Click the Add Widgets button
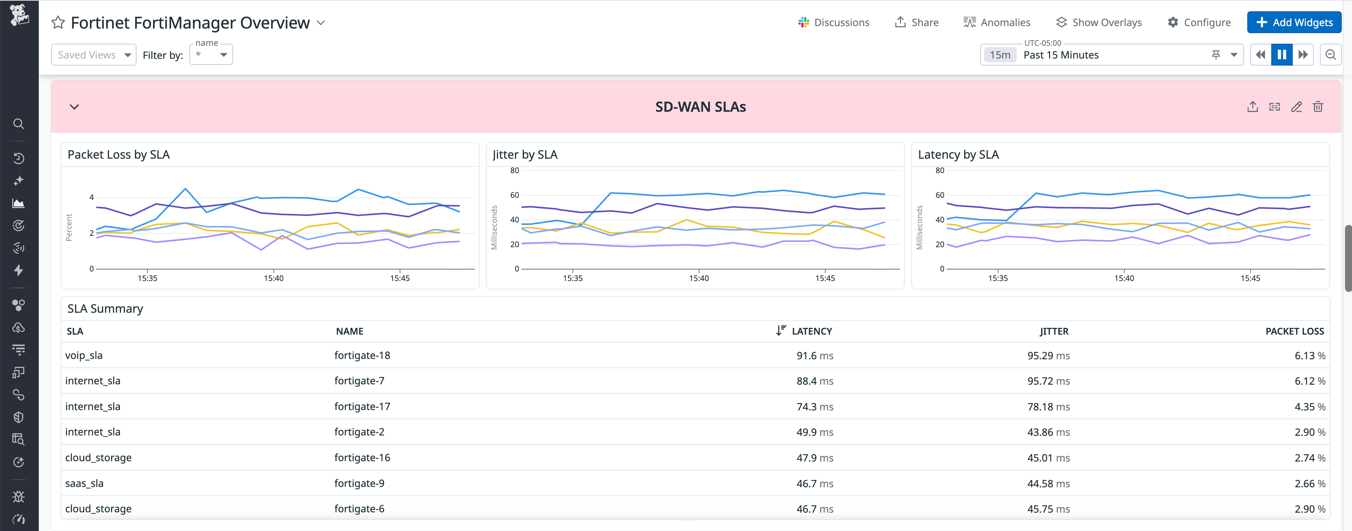[x=1294, y=23]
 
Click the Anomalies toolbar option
[x=997, y=23]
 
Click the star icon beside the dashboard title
[x=58, y=23]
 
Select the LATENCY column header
[x=811, y=331]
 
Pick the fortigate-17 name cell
[x=362, y=407]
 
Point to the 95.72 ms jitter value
[x=1048, y=381]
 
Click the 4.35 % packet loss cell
[x=1309, y=407]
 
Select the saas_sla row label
[x=84, y=483]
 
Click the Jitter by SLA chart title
[x=525, y=155]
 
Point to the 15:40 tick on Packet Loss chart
[x=273, y=278]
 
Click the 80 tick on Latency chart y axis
[x=939, y=171]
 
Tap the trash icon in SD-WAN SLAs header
[x=1317, y=107]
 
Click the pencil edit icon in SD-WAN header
[x=1296, y=107]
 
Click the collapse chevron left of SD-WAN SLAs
[x=74, y=107]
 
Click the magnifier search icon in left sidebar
[x=18, y=124]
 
